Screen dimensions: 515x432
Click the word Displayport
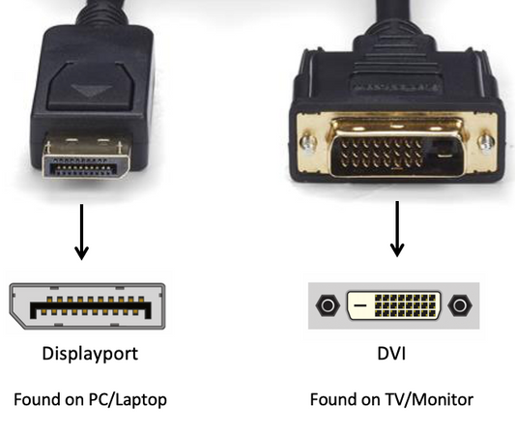click(90, 354)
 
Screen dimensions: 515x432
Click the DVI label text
click(391, 354)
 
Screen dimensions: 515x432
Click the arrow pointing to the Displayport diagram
click(81, 232)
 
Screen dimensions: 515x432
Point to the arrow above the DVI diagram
click(397, 229)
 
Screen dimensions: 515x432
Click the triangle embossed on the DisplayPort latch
click(91, 90)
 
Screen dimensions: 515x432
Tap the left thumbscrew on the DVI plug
click(308, 143)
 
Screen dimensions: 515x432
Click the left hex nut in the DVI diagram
click(328, 305)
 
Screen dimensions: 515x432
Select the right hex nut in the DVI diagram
click(460, 305)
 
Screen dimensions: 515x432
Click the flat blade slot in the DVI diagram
click(360, 305)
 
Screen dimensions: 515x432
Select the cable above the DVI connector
click(394, 14)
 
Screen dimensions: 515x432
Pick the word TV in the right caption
click(395, 399)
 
